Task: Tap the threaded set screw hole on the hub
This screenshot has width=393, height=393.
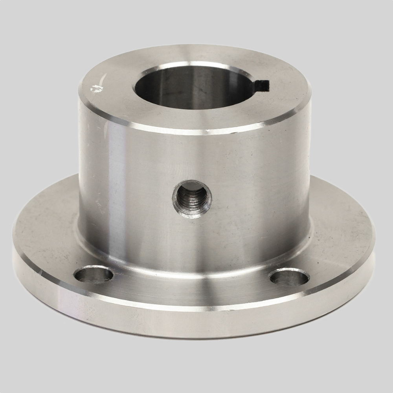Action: coord(192,199)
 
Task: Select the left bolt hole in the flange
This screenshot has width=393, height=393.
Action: coord(94,274)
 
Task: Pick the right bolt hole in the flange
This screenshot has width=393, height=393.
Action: coord(289,277)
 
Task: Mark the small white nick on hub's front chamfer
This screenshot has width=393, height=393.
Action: coord(207,129)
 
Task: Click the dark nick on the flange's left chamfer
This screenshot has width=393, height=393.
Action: coord(39,271)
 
